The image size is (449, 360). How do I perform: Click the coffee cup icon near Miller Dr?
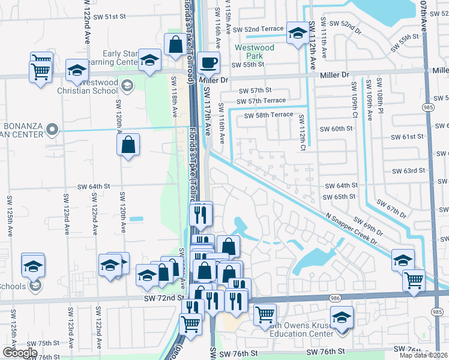(x=208, y=62)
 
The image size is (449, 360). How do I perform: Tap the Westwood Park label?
(x=255, y=52)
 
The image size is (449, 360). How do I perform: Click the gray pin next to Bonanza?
(x=52, y=129)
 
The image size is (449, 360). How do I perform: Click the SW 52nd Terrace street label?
(x=258, y=29)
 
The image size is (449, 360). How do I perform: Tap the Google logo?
(x=19, y=353)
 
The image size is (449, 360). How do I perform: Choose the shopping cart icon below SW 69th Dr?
(x=414, y=280)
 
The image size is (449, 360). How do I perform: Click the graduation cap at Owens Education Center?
(x=342, y=317)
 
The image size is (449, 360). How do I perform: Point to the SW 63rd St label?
(x=408, y=171)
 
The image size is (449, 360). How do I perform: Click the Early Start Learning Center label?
(x=120, y=58)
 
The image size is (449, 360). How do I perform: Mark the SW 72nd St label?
(x=163, y=298)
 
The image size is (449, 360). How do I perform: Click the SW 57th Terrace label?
(x=261, y=101)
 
